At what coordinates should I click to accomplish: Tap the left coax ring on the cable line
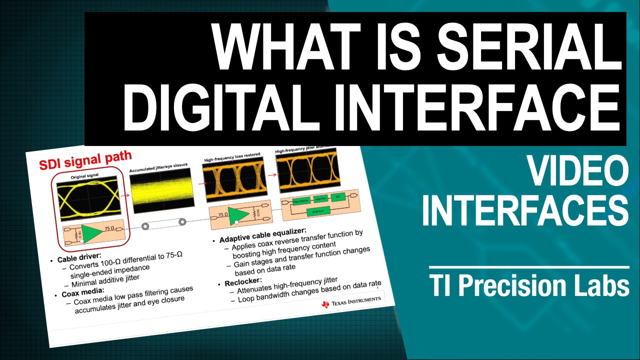(145, 226)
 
